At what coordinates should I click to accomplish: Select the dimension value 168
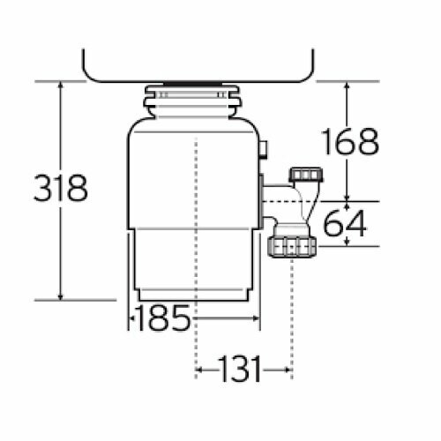350,141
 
